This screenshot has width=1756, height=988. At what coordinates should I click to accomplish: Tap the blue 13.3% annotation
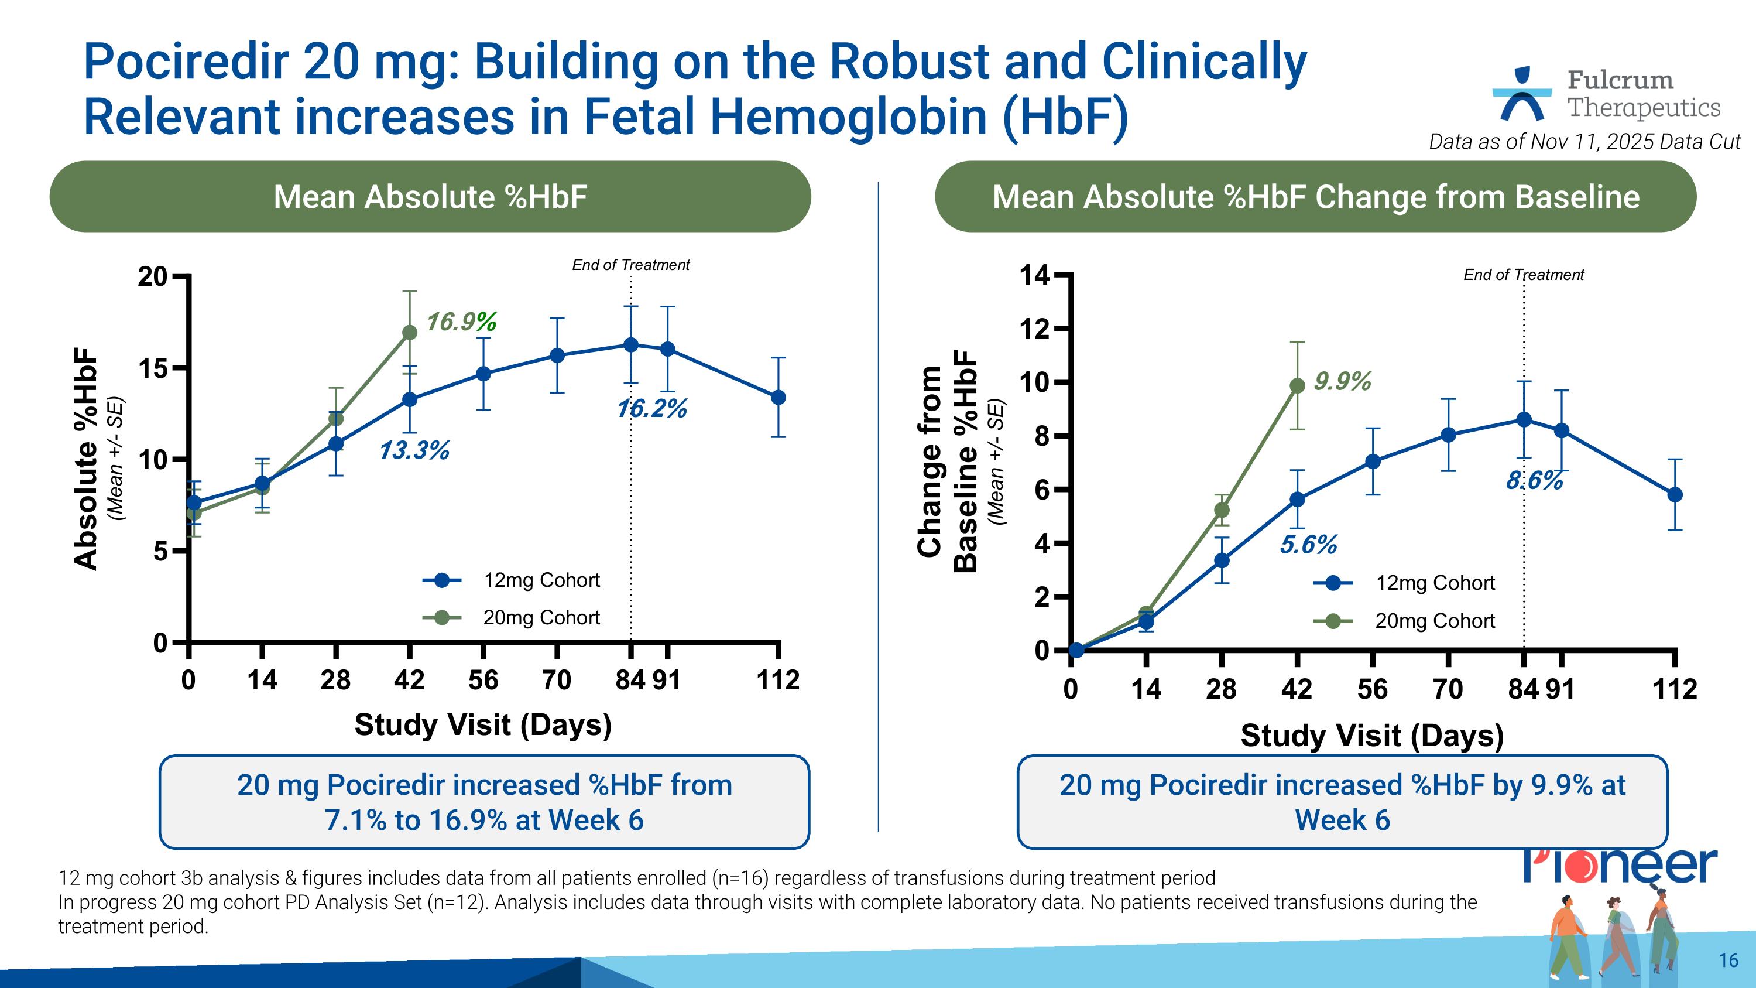(414, 451)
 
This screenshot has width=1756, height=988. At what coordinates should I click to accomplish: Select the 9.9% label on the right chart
(1342, 381)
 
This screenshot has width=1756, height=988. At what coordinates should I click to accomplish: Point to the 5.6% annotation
(1308, 545)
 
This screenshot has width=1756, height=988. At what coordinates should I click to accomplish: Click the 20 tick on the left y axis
(153, 277)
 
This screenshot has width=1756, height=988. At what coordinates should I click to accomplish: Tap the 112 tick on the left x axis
(778, 680)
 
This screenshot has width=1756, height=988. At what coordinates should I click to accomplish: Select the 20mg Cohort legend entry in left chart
(511, 618)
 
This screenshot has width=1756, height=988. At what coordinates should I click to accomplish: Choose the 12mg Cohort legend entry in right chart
(1404, 583)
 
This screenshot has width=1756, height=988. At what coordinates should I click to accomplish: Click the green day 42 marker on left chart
(410, 333)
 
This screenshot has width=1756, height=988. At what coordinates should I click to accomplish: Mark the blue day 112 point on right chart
(1674, 495)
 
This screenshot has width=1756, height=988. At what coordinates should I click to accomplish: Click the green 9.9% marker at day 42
(1297, 386)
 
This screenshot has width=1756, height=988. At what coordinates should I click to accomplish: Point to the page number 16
(1728, 960)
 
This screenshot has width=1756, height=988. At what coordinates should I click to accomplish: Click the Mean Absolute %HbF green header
(430, 197)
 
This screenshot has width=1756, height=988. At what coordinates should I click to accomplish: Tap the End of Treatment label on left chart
(630, 265)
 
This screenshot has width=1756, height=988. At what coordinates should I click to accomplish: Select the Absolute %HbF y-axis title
(87, 460)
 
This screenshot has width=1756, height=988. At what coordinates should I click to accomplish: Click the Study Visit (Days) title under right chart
(1371, 736)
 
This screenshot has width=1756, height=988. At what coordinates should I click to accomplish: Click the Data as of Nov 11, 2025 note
(1584, 142)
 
